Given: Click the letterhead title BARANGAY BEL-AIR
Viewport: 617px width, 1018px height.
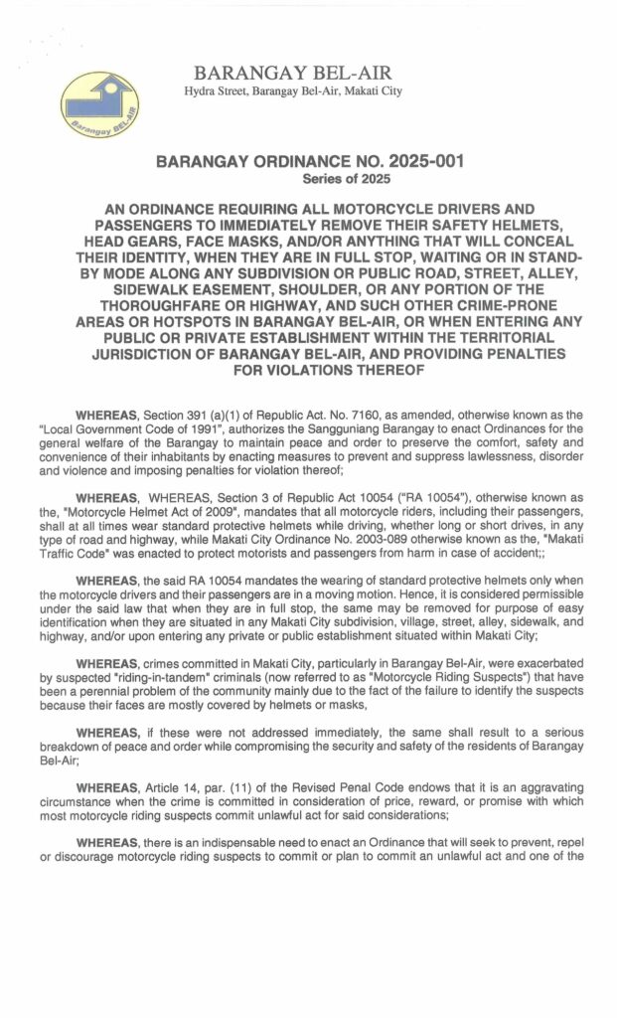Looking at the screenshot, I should (x=293, y=74).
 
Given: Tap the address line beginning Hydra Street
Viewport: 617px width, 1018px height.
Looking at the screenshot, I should (x=293, y=91).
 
